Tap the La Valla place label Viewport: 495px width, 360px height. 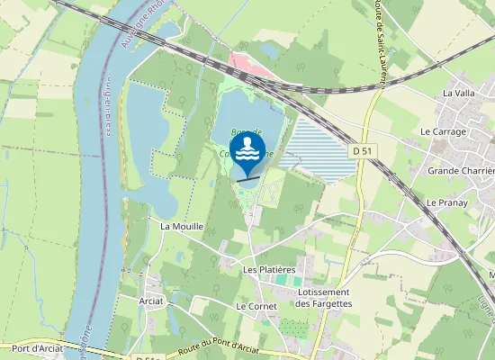point(458,93)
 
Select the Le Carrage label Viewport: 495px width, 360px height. point(443,131)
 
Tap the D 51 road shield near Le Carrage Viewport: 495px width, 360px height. point(362,152)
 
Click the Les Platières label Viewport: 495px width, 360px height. point(269,269)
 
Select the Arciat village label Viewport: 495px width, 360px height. point(152,301)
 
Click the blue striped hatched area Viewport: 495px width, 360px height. point(319,148)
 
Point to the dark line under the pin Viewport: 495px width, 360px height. point(247,178)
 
